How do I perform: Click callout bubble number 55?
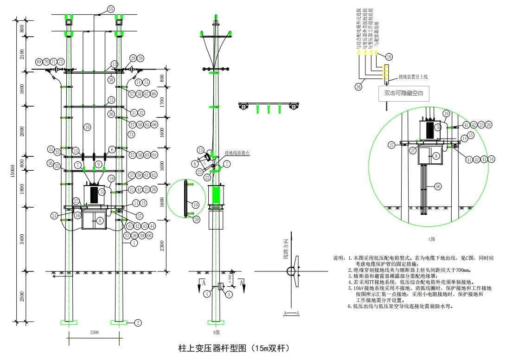110,9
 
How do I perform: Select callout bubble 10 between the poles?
87,127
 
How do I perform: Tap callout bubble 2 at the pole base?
138,322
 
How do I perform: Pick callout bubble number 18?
389,57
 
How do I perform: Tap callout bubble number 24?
54,216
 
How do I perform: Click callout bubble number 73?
132,135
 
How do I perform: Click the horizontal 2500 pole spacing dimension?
94,333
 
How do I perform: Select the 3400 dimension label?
22,238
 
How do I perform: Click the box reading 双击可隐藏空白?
403,93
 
